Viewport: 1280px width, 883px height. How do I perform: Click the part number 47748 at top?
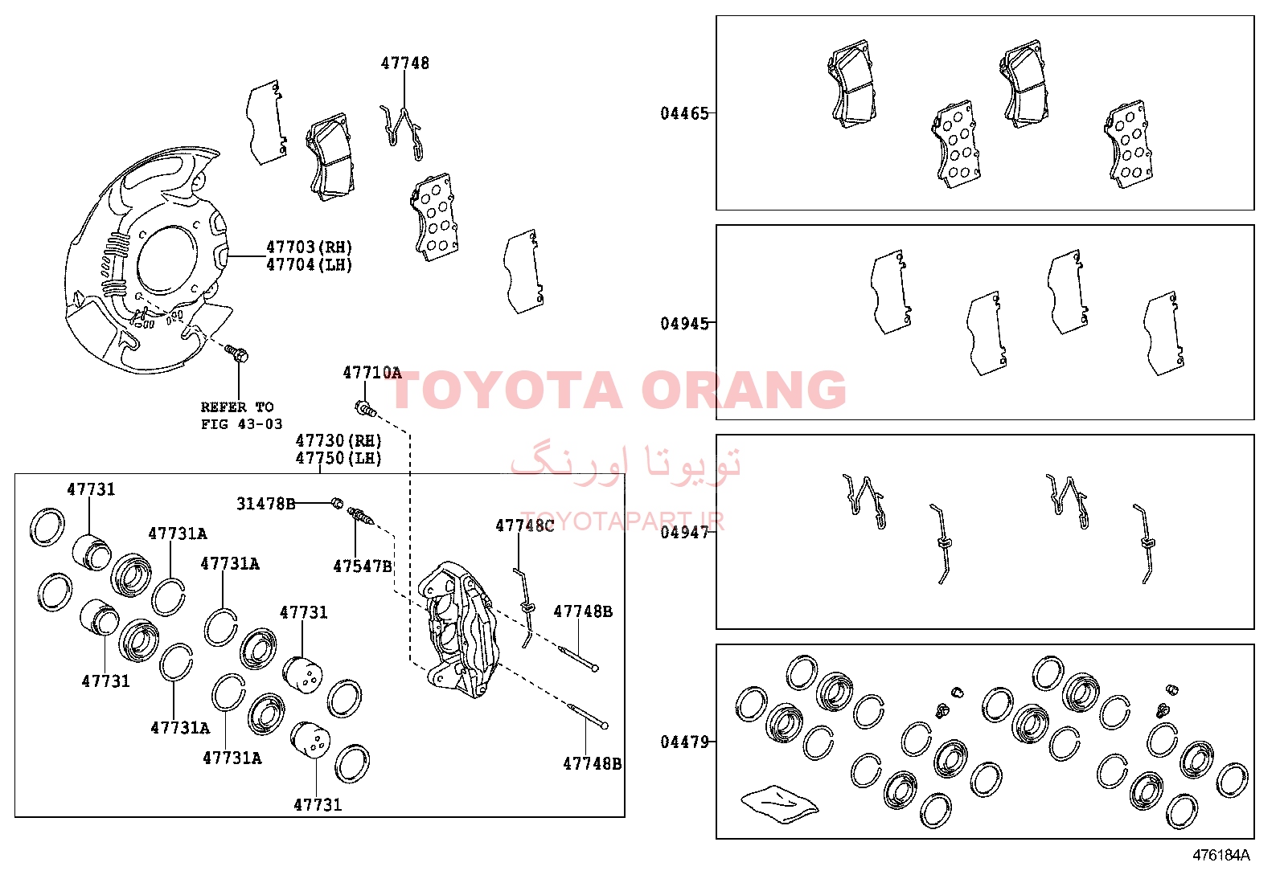[404, 63]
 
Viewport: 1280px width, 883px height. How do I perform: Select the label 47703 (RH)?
[309, 247]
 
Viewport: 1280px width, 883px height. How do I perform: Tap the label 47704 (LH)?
[309, 264]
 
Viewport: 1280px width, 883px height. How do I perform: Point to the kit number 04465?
[684, 113]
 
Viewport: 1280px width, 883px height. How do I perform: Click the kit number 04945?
[684, 323]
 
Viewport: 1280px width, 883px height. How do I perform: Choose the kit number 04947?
[684, 533]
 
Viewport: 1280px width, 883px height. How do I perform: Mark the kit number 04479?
[684, 742]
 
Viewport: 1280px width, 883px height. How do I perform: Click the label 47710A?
[372, 373]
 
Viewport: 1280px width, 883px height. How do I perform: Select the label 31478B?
[265, 504]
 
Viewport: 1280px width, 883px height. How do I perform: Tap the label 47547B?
[363, 566]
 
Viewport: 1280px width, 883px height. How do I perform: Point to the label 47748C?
[524, 525]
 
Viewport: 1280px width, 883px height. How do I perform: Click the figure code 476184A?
[1221, 855]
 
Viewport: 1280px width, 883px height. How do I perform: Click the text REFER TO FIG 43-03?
[241, 415]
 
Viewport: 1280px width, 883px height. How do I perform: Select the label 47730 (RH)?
[338, 440]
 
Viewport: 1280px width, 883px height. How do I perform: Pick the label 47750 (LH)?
[338, 458]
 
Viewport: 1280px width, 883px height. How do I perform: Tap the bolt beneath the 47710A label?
[365, 408]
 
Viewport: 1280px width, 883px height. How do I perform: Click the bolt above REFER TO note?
[236, 353]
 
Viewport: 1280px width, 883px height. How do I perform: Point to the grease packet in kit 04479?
[779, 804]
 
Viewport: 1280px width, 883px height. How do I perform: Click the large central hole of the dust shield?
[167, 260]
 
